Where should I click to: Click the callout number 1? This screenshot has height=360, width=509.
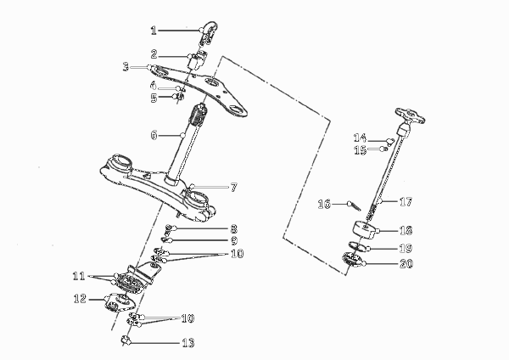[x=154, y=31]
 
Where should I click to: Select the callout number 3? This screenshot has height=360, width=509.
[x=126, y=67]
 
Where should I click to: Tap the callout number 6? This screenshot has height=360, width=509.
[x=154, y=135]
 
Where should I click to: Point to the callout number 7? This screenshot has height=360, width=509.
[x=234, y=187]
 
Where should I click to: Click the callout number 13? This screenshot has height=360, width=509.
[x=187, y=343]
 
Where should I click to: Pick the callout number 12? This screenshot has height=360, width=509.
[x=80, y=299]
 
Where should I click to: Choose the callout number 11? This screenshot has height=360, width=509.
[x=79, y=277]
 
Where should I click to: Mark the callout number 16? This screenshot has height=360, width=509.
[x=324, y=204]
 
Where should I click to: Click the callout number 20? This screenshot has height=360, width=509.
[x=406, y=263]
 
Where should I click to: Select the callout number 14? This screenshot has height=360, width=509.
[x=360, y=138]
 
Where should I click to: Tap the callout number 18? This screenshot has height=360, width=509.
[x=406, y=230]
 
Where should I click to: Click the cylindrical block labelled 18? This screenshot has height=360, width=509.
[x=364, y=229]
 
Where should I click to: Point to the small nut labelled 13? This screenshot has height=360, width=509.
[x=126, y=340]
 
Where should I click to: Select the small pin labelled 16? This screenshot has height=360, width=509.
[x=355, y=206]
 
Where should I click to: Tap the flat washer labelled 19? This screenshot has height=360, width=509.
[x=358, y=246]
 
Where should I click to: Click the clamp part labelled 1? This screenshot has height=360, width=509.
[x=209, y=34]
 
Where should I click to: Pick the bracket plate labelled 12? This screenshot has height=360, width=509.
[x=119, y=302]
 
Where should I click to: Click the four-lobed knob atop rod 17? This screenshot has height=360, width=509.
[x=411, y=115]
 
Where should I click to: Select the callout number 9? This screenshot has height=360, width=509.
[x=234, y=241]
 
